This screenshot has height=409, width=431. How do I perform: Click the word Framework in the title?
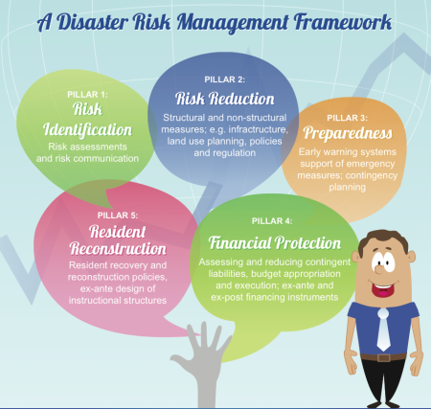click(x=343, y=22)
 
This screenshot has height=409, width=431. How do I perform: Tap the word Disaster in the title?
click(x=92, y=22)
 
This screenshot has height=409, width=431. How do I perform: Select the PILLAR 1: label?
click(x=87, y=95)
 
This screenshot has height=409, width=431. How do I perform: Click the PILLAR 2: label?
click(x=225, y=80)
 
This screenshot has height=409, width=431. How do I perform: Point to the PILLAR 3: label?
click(x=348, y=118)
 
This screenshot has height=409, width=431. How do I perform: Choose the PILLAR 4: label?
click(x=272, y=221)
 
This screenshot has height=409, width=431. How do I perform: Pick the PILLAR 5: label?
click(x=118, y=216)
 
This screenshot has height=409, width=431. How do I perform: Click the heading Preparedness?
click(x=348, y=133)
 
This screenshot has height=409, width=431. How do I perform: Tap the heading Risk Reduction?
click(x=225, y=99)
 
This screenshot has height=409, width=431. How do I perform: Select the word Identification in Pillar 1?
click(x=87, y=130)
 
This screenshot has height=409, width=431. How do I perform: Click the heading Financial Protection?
click(x=275, y=243)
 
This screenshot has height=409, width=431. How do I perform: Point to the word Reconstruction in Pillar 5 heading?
click(x=118, y=249)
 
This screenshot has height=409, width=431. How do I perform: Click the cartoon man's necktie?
click(x=383, y=329)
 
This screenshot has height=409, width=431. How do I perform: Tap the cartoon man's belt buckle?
click(x=384, y=357)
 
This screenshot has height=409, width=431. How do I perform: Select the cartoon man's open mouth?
click(x=383, y=289)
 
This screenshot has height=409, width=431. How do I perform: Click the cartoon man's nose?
click(x=378, y=269)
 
